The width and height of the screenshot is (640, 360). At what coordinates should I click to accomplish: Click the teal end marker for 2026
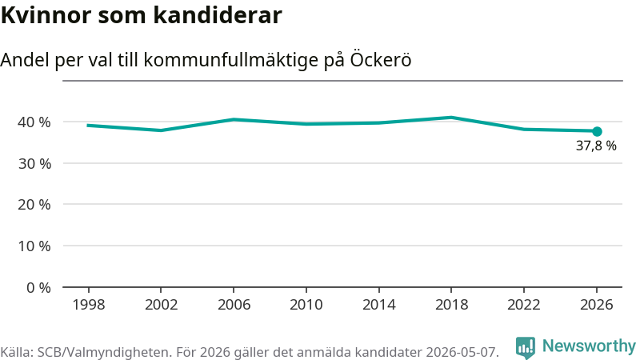(x=597, y=131)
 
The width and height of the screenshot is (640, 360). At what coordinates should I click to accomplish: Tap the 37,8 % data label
(x=596, y=146)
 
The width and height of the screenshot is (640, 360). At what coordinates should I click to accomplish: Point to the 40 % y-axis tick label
(x=34, y=122)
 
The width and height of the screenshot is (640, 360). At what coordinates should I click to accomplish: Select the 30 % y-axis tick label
(x=34, y=164)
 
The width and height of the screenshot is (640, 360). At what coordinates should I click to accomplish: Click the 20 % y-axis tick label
(x=34, y=205)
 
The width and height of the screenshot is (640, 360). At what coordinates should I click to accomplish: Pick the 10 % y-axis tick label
(x=34, y=246)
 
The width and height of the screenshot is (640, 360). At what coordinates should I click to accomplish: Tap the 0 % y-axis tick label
(x=38, y=288)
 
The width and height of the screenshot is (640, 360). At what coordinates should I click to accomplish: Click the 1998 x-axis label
(x=89, y=305)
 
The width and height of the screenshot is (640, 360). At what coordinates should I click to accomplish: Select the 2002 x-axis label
(x=162, y=305)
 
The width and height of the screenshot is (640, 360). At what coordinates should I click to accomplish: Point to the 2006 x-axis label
(x=234, y=305)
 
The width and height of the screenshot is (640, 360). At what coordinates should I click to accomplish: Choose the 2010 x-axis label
(x=306, y=305)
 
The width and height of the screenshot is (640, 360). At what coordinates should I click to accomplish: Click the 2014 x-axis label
(x=378, y=305)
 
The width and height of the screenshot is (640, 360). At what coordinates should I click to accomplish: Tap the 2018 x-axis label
(x=451, y=305)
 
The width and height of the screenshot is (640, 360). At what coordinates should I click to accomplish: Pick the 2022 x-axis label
(x=524, y=305)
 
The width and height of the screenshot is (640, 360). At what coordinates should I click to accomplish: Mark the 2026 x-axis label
(x=596, y=305)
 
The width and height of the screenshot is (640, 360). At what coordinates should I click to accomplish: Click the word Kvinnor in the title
(x=46, y=15)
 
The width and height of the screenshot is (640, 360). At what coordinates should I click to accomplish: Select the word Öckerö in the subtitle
(x=381, y=59)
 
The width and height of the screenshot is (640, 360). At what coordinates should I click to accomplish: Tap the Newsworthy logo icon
(x=526, y=348)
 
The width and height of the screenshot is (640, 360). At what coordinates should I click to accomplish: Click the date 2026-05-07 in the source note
(x=462, y=352)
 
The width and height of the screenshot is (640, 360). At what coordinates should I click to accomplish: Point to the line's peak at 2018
(x=451, y=118)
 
